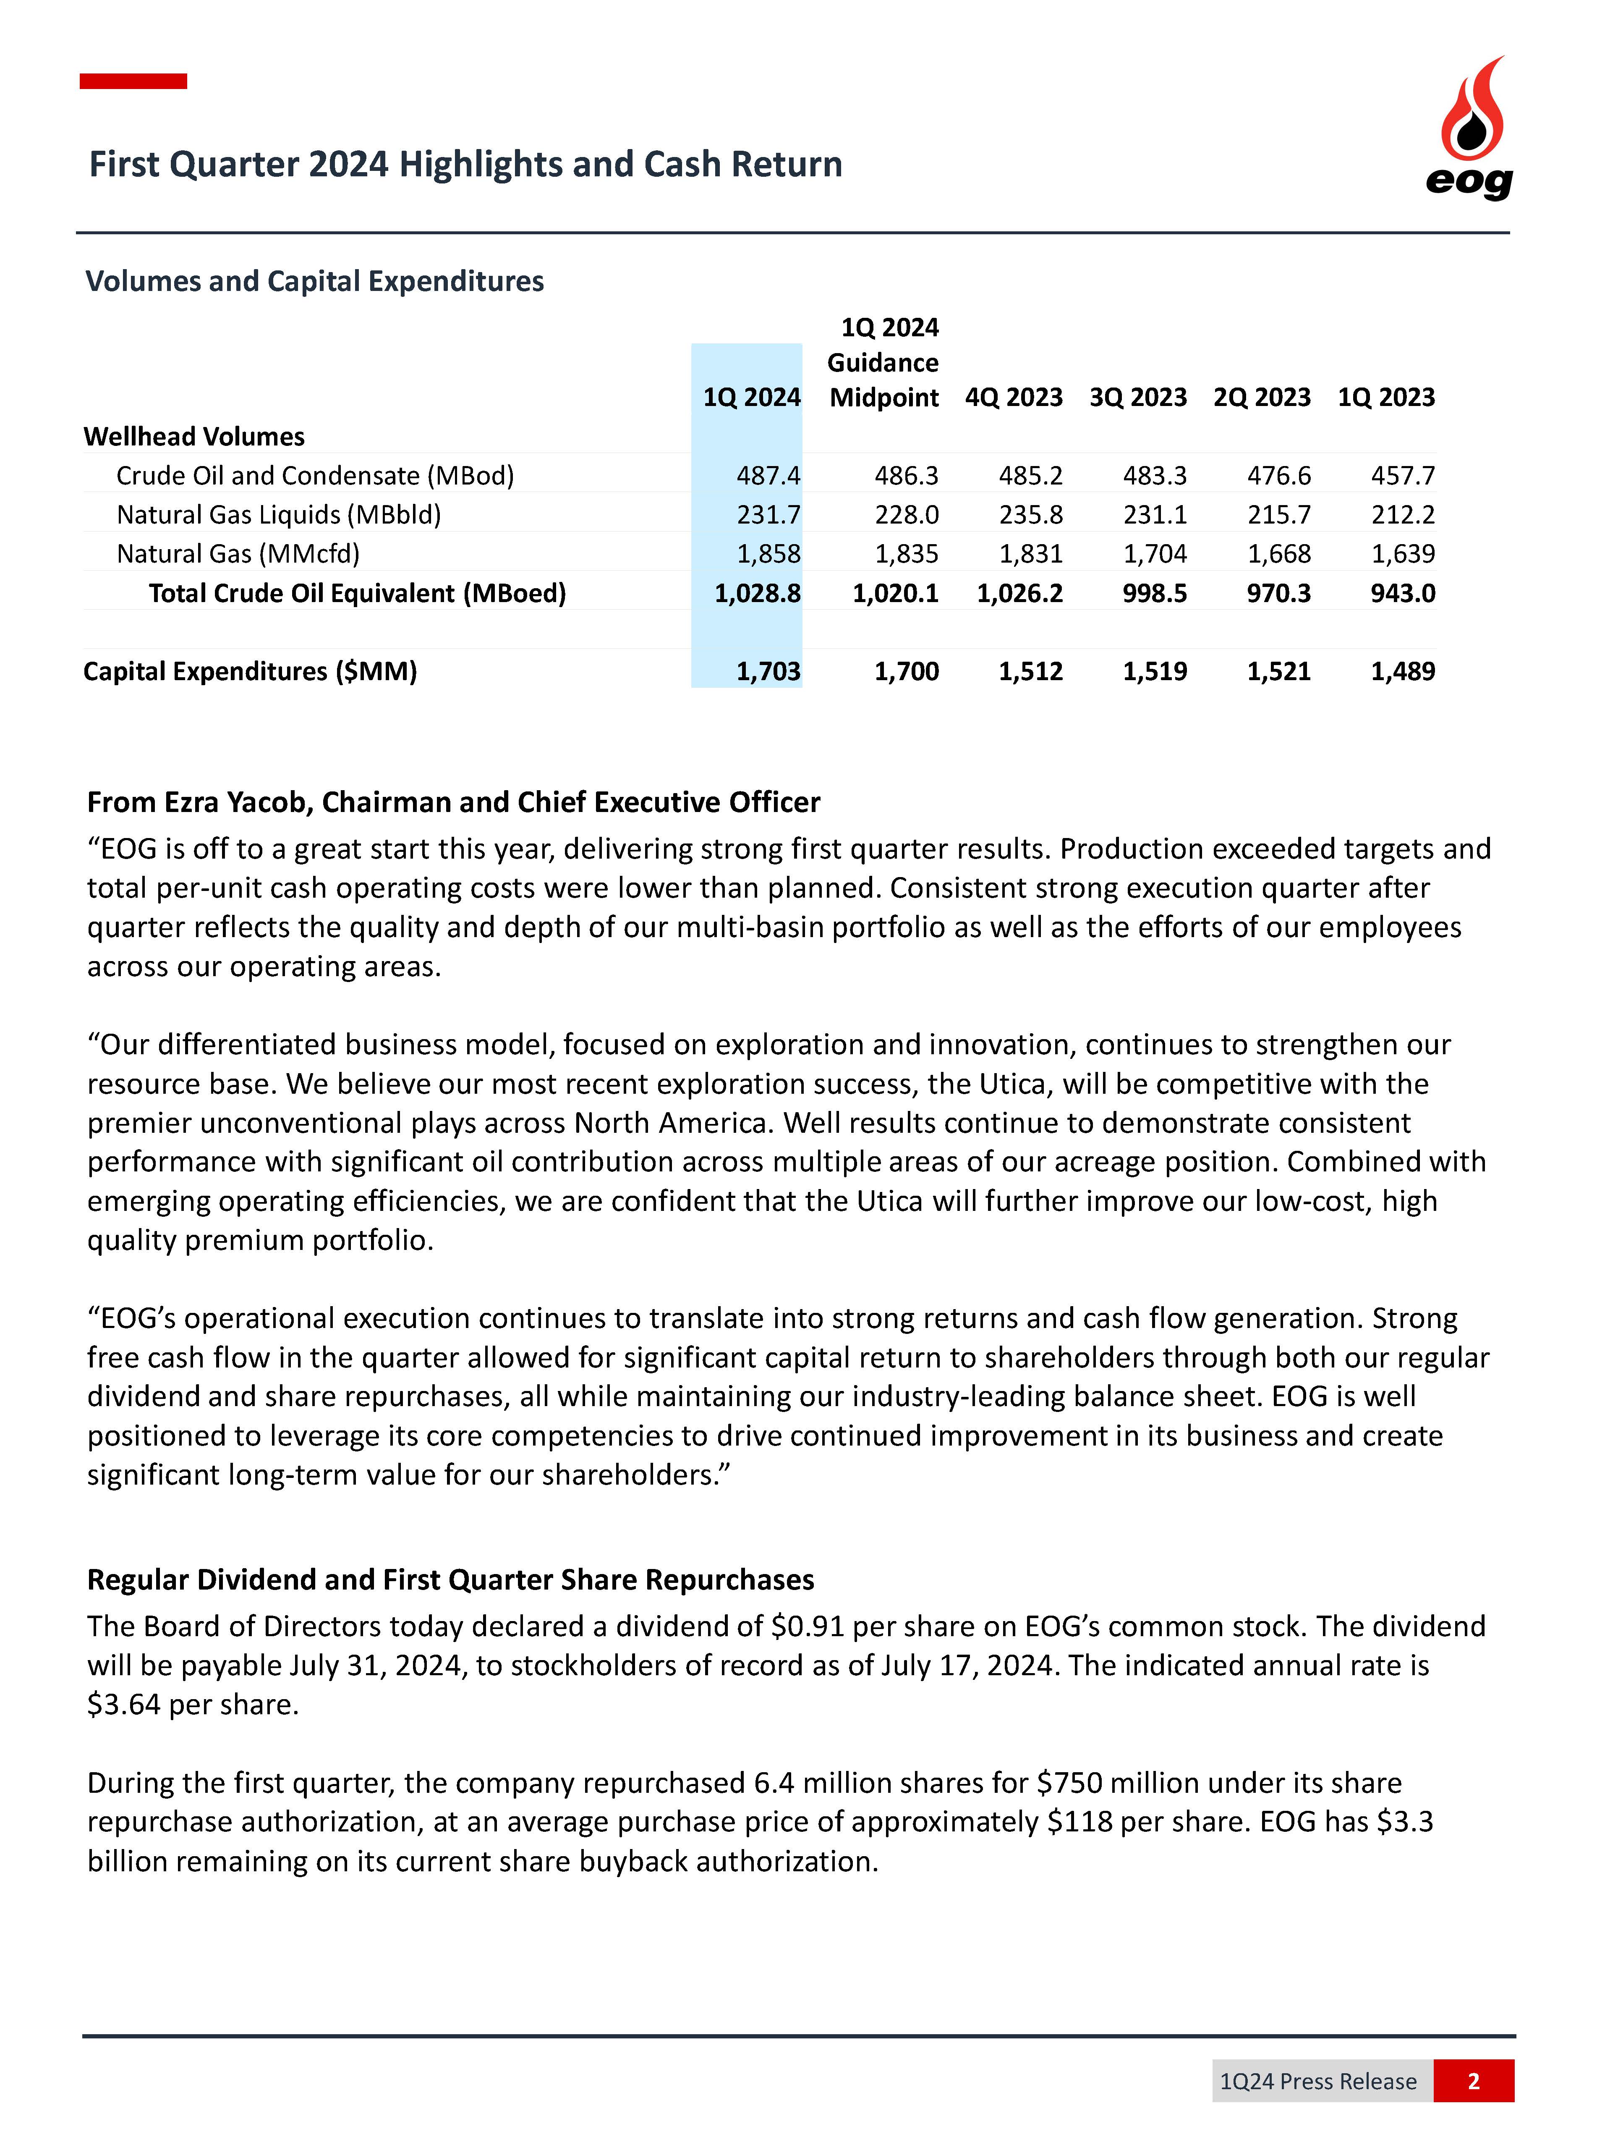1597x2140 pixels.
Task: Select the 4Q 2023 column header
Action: [1013, 398]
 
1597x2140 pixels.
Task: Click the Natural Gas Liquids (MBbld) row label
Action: [278, 514]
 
